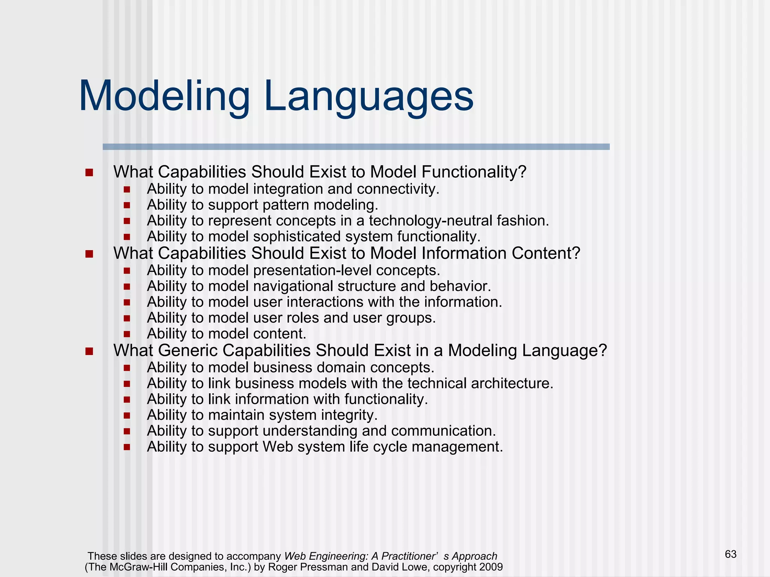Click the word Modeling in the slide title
point(164,97)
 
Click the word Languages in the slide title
point(368,97)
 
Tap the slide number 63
point(731,554)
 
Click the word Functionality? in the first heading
point(474,172)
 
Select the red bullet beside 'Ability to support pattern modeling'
point(127,205)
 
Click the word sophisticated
point(297,237)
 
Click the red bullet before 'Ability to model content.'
point(127,334)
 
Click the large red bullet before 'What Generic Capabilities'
point(89,351)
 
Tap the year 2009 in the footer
point(491,567)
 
